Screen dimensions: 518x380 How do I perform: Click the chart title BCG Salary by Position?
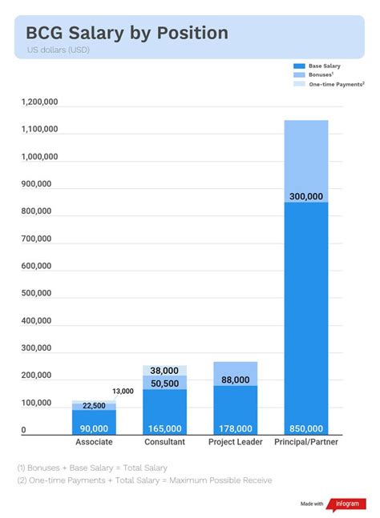[x=127, y=33]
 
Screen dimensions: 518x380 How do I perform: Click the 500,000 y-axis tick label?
[x=38, y=294]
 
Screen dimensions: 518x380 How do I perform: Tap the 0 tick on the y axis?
[x=23, y=430]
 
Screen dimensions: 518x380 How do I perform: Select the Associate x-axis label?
[x=94, y=442]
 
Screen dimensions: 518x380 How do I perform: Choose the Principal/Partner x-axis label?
[x=305, y=442]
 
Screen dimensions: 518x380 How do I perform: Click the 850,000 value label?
[x=305, y=428]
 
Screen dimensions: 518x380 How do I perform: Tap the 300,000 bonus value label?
[x=305, y=196]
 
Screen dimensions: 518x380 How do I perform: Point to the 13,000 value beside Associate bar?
[x=123, y=391]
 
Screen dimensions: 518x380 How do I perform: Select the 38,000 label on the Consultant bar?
[x=164, y=371]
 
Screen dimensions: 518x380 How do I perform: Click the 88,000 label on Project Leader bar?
[x=235, y=380]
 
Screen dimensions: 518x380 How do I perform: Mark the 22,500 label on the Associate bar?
[x=94, y=405]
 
